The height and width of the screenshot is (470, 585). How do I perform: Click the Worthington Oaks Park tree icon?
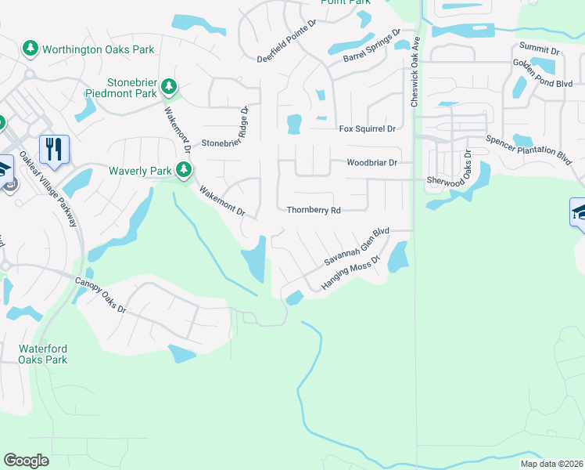tap(31, 49)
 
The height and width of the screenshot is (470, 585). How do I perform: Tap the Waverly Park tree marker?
tap(184, 170)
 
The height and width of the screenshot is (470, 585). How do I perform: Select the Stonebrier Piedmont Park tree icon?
tap(168, 86)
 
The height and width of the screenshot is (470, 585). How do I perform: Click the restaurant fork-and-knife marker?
tap(54, 149)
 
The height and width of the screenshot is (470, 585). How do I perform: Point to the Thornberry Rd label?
tap(314, 211)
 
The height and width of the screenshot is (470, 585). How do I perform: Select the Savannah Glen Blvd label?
tap(357, 248)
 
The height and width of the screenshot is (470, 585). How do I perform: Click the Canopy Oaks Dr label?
tap(100, 294)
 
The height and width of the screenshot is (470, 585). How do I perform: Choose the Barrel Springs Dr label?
tap(371, 46)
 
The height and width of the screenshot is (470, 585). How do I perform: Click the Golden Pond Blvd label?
tap(543, 73)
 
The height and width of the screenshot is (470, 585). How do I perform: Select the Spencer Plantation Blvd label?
tap(529, 149)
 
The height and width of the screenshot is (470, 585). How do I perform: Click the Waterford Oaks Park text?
tap(43, 354)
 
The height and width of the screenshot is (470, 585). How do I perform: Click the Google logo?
tap(26, 461)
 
